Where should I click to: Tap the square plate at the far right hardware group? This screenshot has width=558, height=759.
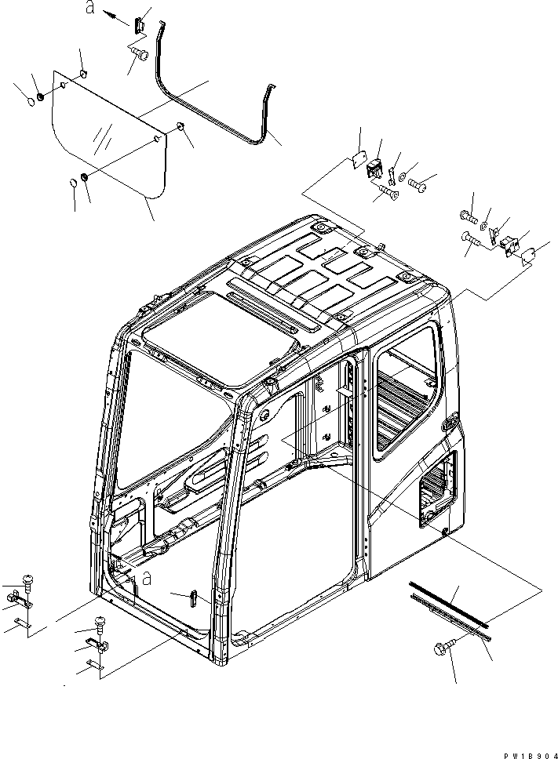[529, 256]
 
